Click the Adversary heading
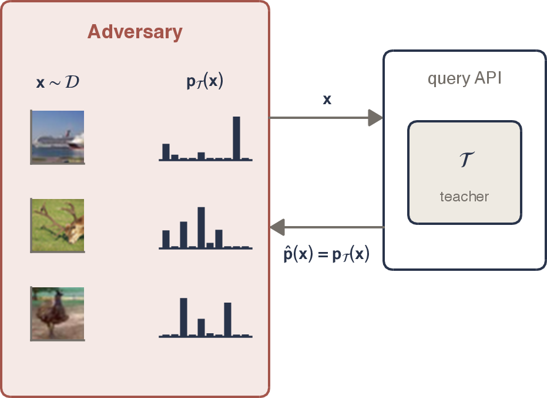click(x=135, y=32)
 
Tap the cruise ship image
click(x=58, y=137)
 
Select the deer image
click(x=58, y=225)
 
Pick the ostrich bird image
click(x=58, y=314)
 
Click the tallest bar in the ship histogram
click(x=236, y=138)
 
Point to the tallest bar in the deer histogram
click(x=202, y=227)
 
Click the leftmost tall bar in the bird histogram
click(x=183, y=317)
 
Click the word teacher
click(x=464, y=197)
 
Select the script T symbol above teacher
click(x=466, y=160)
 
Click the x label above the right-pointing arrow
click(x=327, y=99)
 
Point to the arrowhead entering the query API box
click(x=375, y=118)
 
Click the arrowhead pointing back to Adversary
click(x=278, y=227)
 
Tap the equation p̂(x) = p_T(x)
click(x=326, y=254)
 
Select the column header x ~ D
click(x=58, y=82)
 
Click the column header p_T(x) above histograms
click(x=205, y=81)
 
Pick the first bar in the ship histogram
click(x=166, y=152)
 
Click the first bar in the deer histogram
click(x=166, y=239)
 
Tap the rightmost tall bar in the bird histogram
click(x=227, y=319)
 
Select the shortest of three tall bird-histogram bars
click(x=202, y=327)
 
